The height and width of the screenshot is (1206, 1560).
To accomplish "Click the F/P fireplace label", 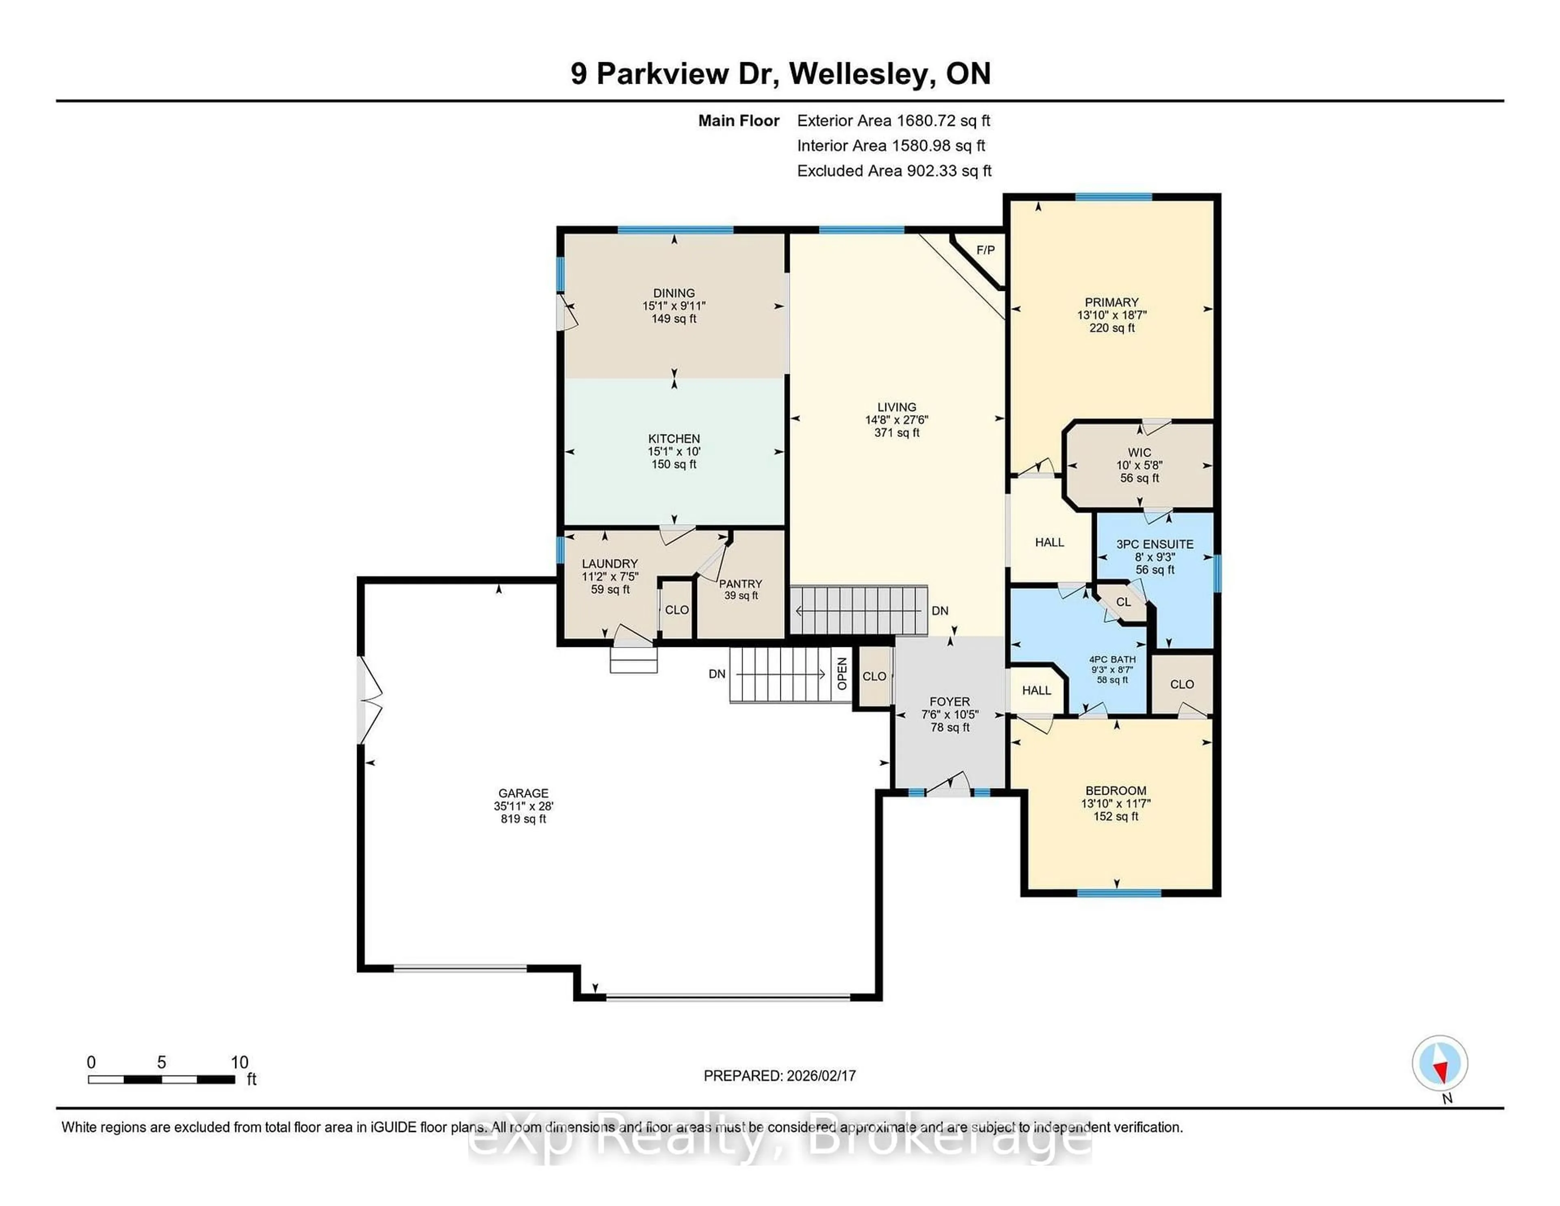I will [985, 250].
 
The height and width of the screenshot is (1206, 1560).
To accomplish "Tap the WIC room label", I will [1139, 452].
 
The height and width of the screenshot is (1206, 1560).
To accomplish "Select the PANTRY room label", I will [740, 584].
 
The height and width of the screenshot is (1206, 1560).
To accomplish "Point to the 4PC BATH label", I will [1112, 659].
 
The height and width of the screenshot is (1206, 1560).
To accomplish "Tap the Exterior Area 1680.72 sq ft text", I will [894, 121].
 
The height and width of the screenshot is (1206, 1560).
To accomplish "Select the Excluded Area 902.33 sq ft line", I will [894, 171].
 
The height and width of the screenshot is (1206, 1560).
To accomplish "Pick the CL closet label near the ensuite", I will [1124, 601].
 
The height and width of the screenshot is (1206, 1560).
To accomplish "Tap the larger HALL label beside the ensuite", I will [1049, 542].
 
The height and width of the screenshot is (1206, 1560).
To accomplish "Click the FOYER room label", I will [949, 702].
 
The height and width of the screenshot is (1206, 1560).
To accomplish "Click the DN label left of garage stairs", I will [717, 674].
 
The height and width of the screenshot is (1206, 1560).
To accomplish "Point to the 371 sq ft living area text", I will [897, 433].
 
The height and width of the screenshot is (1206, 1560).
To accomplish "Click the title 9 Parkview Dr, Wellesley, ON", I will [780, 74].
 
